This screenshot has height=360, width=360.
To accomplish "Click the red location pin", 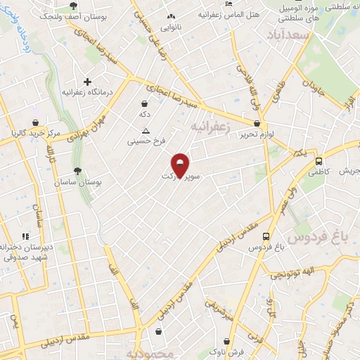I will coord(181,166).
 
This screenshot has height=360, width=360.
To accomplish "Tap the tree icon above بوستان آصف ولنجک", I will coord(74,5).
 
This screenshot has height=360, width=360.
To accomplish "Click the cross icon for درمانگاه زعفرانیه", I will coord(87,82).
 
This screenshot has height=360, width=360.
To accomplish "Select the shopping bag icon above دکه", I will coord(144,104).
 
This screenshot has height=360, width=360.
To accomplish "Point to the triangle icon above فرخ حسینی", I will coord(146,131).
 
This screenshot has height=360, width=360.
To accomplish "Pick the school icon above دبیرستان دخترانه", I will coord(26,237).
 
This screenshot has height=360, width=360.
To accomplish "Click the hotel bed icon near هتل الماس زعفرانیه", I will coord(229,4).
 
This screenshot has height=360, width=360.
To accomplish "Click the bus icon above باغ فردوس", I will coord(266,237).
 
